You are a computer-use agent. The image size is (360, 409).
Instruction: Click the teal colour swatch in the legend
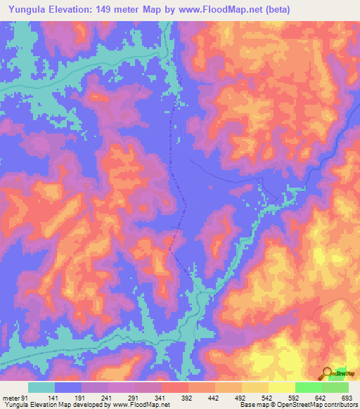[x=41, y=388]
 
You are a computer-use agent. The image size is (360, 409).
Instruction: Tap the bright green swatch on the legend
[x=308, y=388]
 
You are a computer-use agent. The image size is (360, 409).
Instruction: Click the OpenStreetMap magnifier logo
[x=328, y=373]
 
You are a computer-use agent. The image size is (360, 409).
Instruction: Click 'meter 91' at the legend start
[x=13, y=398]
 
